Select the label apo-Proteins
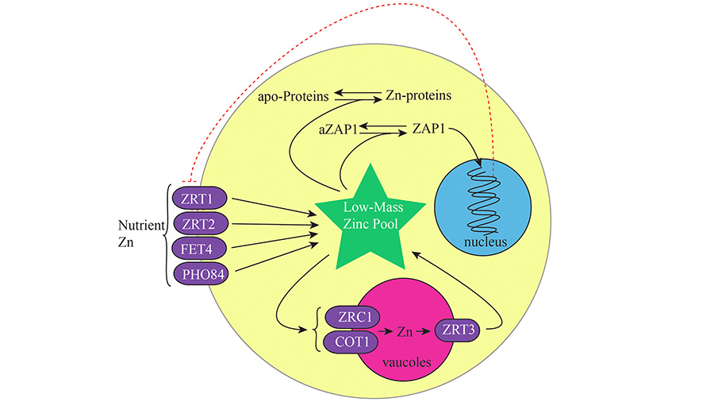coord(292,95)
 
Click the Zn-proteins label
coord(418,95)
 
